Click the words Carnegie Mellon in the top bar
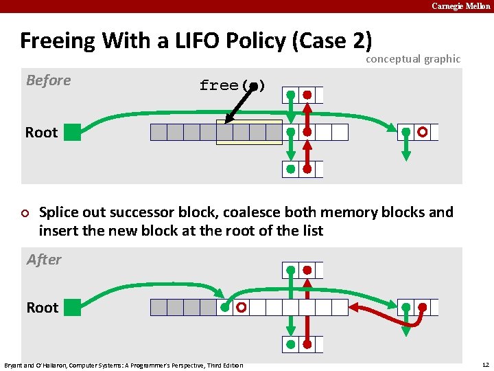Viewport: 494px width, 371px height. point(460,6)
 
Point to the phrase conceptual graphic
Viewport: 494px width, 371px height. point(412,59)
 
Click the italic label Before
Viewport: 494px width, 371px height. point(48,80)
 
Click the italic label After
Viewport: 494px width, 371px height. point(44,260)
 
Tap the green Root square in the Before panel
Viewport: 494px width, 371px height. point(72,132)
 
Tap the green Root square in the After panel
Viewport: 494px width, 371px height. point(72,307)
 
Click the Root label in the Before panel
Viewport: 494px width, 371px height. point(41,133)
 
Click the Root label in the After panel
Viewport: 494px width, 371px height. point(42,308)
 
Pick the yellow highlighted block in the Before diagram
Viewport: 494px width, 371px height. point(248,132)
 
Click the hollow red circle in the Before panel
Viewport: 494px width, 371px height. point(423,132)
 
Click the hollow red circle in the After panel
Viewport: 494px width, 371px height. point(241,308)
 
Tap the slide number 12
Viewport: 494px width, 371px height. point(484,364)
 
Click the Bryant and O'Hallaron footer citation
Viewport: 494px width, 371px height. point(123,365)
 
